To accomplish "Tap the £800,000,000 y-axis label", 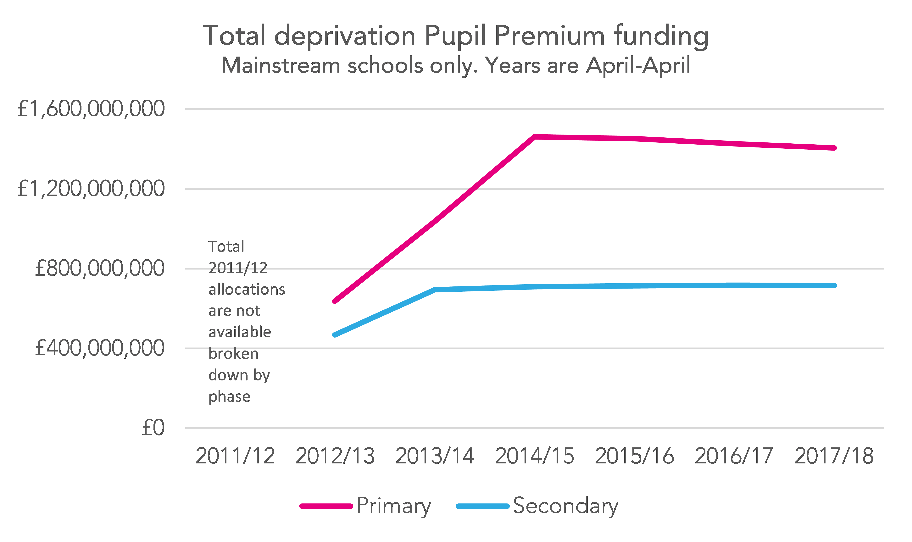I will click(99, 268).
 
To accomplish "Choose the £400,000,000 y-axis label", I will click(99, 348).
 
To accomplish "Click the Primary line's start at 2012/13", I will click(335, 301).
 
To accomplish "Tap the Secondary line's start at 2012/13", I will click(335, 335).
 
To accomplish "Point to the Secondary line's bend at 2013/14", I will click(435, 290).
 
